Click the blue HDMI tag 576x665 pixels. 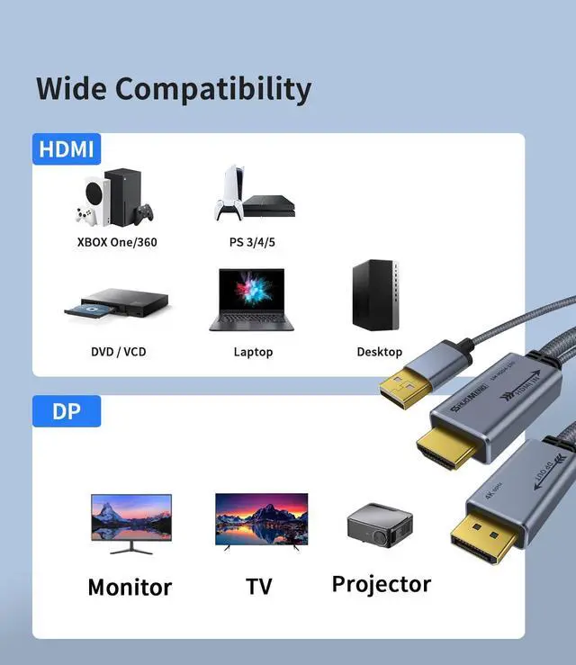pyautogui.click(x=67, y=148)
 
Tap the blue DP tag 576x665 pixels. pyautogui.click(x=67, y=411)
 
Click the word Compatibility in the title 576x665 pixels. pyautogui.click(x=212, y=89)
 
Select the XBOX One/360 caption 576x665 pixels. pyautogui.click(x=117, y=242)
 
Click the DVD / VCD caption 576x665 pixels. pyautogui.click(x=118, y=352)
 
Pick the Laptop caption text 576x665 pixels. pyautogui.click(x=253, y=352)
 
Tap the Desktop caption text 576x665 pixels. pyautogui.click(x=379, y=352)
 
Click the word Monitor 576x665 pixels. pyautogui.click(x=130, y=588)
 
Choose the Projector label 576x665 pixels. pyautogui.click(x=382, y=584)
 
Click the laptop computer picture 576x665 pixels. pyautogui.click(x=253, y=300)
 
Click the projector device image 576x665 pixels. pyautogui.click(x=378, y=526)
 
